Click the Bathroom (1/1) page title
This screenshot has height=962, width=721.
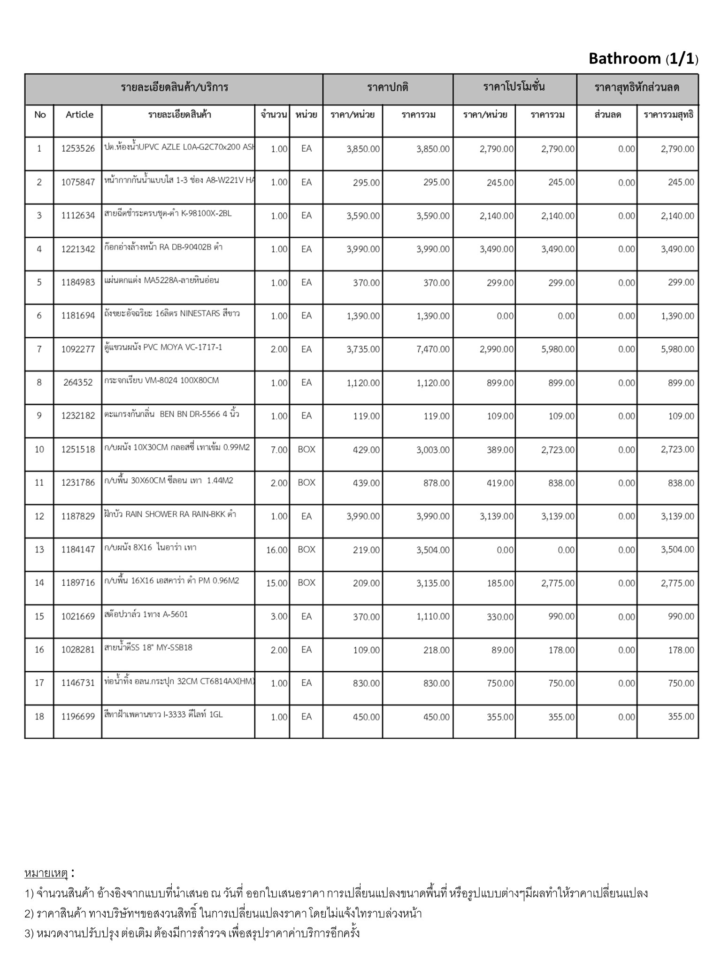pyautogui.click(x=643, y=59)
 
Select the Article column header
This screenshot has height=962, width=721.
pyautogui.click(x=79, y=115)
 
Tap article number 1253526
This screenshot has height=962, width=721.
pyautogui.click(x=78, y=149)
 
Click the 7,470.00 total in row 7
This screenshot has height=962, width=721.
pyautogui.click(x=432, y=349)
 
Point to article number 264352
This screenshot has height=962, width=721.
pyautogui.click(x=78, y=383)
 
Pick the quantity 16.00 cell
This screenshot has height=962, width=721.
pyautogui.click(x=276, y=550)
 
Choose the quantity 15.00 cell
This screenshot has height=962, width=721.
pyautogui.click(x=276, y=583)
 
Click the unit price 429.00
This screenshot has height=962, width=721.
pyautogui.click(x=366, y=450)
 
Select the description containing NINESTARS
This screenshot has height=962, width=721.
pyautogui.click(x=172, y=313)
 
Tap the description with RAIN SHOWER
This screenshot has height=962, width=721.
pyautogui.click(x=170, y=514)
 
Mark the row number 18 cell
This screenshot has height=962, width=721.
pyautogui.click(x=39, y=717)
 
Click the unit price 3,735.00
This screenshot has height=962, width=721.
pyautogui.click(x=363, y=349)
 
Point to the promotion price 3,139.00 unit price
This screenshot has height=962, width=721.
pyautogui.click(x=497, y=517)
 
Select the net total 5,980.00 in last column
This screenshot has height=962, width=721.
pyautogui.click(x=677, y=349)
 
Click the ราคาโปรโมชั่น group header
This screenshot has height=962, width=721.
pyautogui.click(x=514, y=87)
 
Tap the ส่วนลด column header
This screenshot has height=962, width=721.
pyautogui.click(x=607, y=115)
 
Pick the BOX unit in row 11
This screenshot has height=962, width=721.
pyautogui.click(x=307, y=483)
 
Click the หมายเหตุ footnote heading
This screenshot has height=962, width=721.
pyautogui.click(x=46, y=874)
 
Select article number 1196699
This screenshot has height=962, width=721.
pyautogui.click(x=78, y=717)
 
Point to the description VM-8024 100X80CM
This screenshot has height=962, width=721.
pyautogui.click(x=162, y=380)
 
